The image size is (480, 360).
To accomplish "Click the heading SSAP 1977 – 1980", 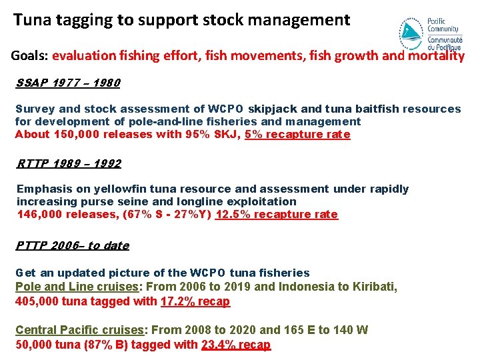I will [x=67, y=83].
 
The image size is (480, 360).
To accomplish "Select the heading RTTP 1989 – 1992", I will [x=69, y=163].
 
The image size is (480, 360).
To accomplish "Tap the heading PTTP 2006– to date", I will [x=72, y=245].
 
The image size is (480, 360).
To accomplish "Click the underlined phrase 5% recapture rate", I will [x=297, y=135].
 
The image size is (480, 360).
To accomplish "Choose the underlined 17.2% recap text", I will [x=195, y=301].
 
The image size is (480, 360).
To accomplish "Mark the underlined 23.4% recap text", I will [x=236, y=345].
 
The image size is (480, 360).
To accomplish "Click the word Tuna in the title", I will [x=31, y=20].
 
